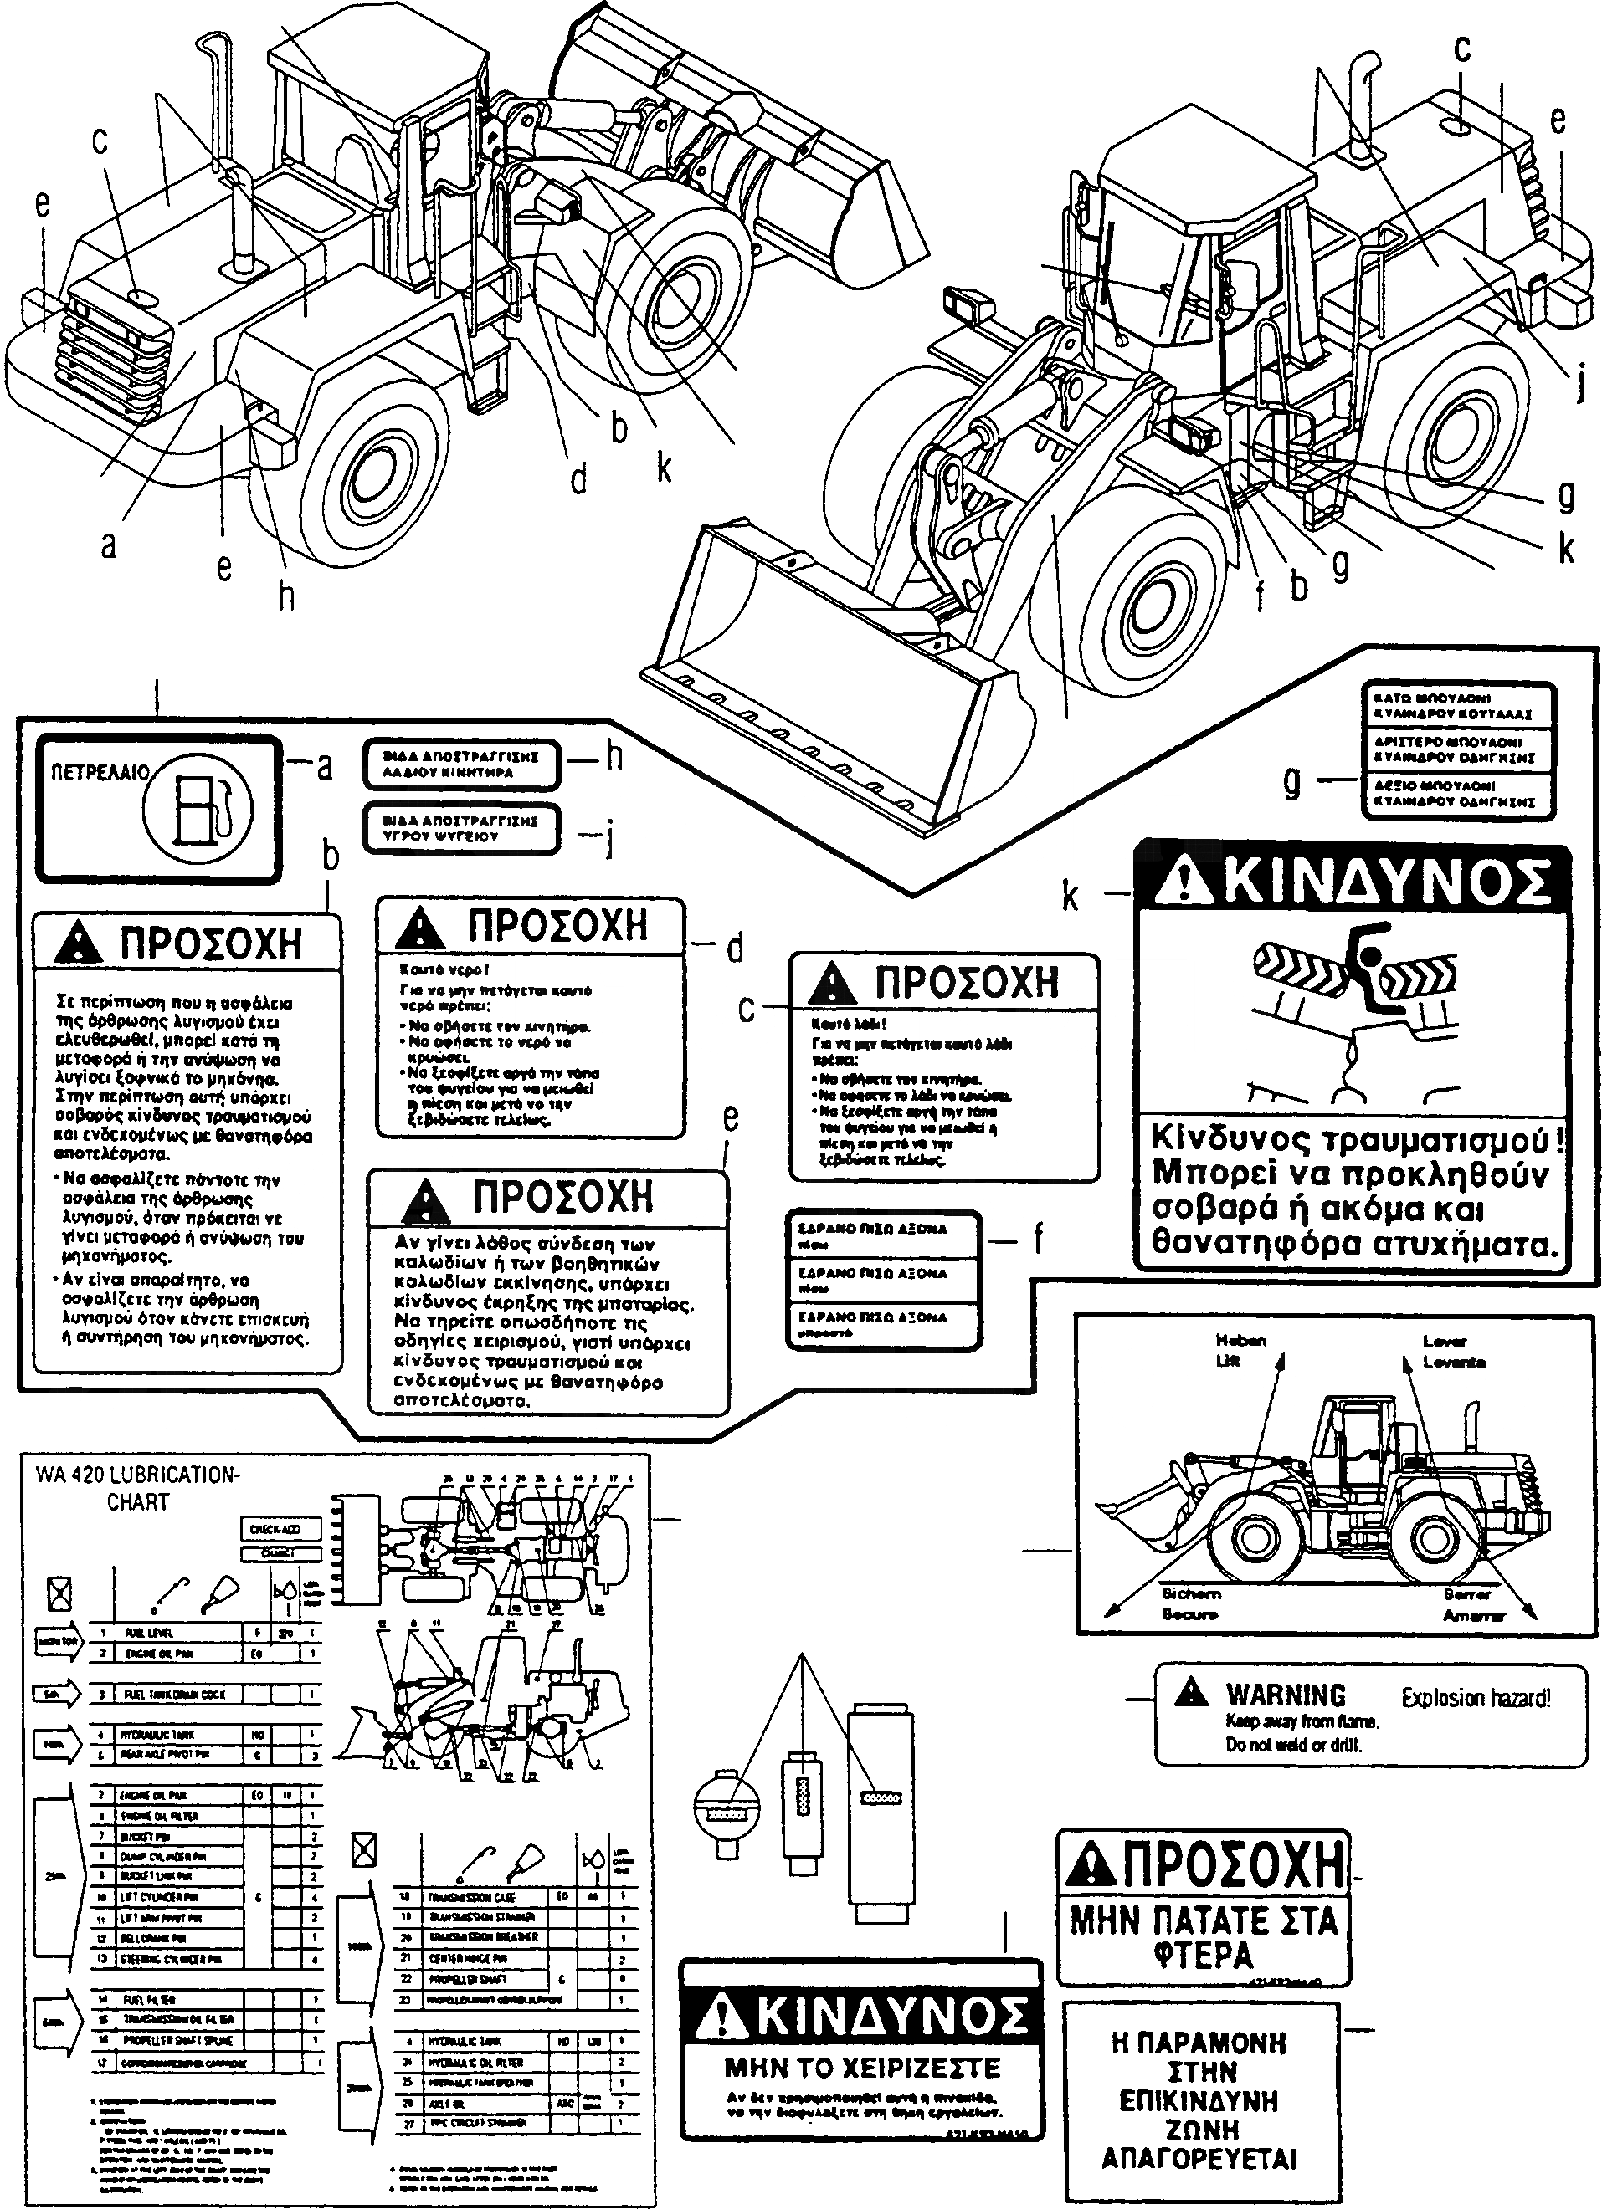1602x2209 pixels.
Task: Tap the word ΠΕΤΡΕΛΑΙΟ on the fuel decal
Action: coord(100,775)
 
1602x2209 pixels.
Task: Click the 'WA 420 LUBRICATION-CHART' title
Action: coord(137,1488)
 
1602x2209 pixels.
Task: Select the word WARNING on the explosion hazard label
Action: coord(1286,1695)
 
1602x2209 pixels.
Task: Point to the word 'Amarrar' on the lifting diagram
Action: coord(1474,1616)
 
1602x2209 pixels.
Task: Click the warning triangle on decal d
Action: coord(420,928)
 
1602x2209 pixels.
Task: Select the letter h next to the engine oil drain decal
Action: coord(614,757)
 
